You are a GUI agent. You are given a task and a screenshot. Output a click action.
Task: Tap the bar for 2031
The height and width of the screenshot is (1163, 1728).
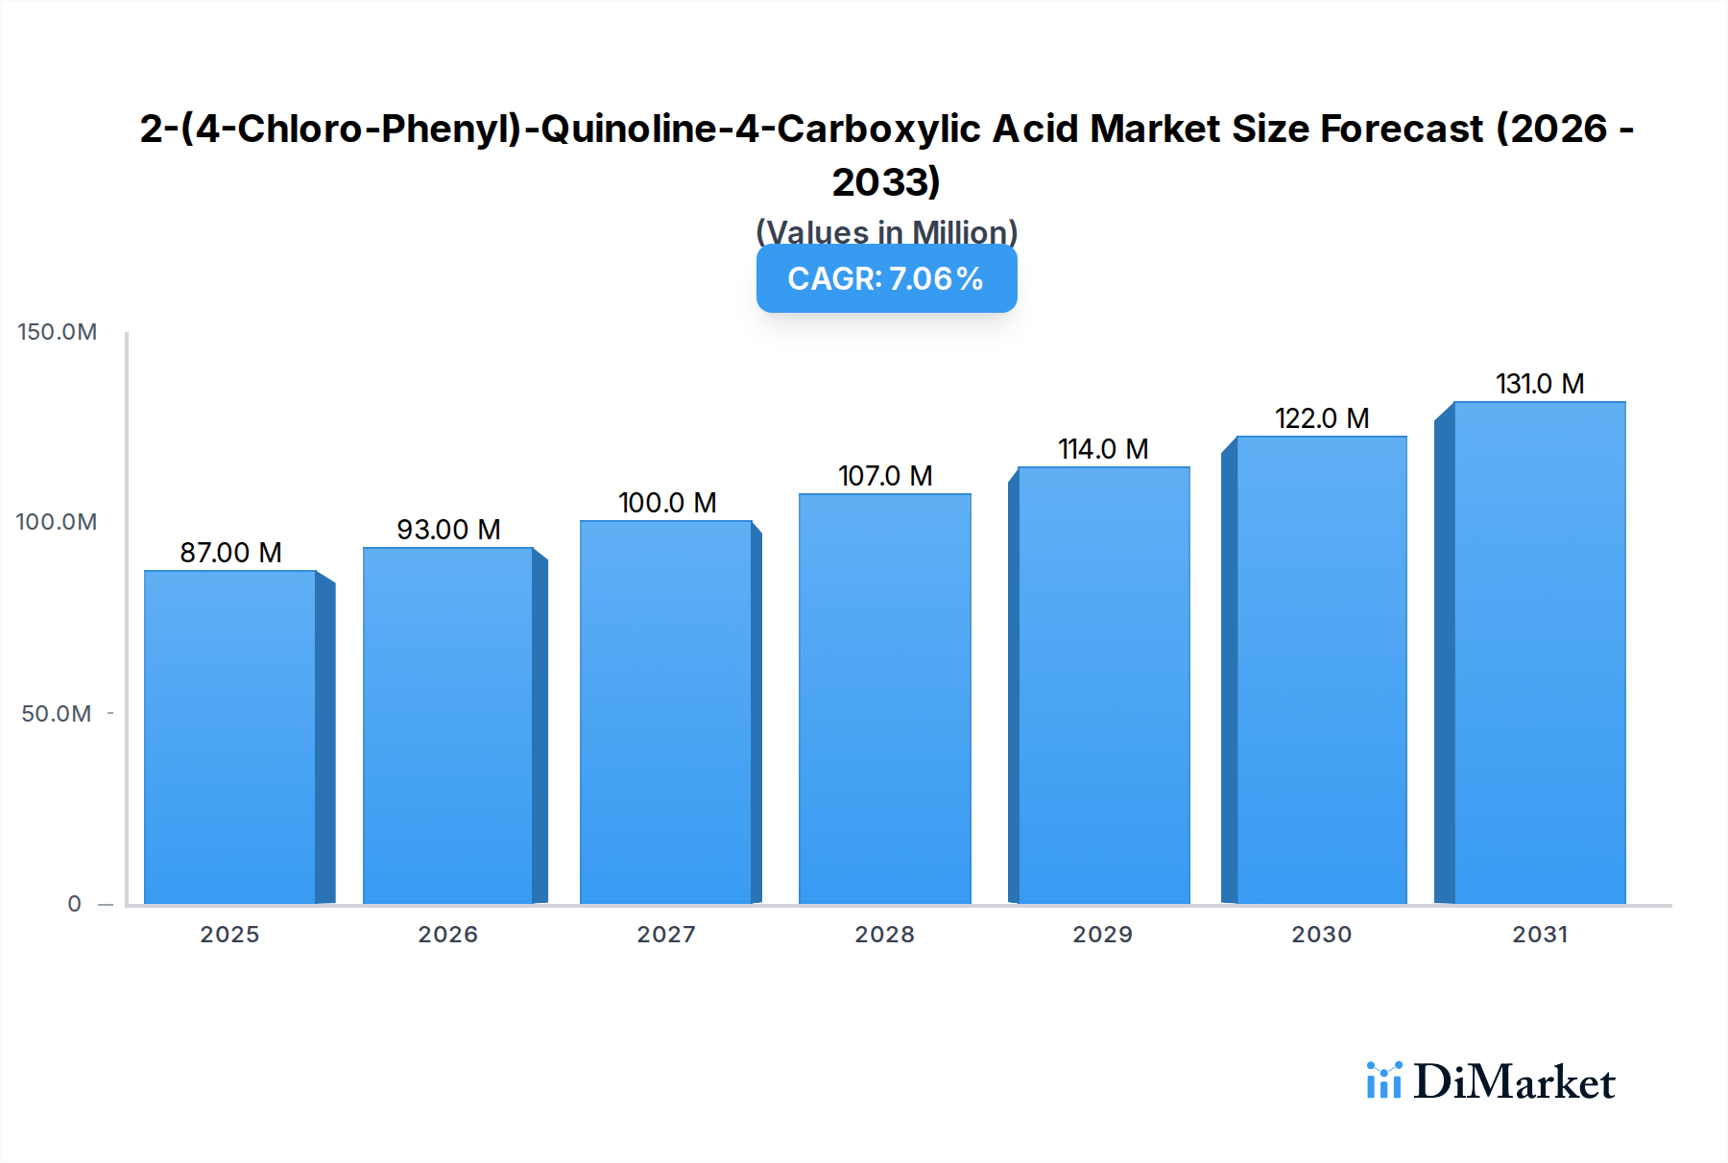tap(1539, 653)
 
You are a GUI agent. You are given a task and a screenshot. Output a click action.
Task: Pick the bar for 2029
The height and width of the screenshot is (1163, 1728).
tap(1103, 685)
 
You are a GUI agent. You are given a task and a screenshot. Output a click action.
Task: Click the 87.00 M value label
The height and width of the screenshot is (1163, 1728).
tap(230, 553)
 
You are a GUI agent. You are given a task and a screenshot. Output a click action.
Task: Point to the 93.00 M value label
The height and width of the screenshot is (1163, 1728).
tap(448, 530)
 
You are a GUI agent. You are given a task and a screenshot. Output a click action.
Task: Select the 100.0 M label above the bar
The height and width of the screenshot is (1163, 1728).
tap(667, 503)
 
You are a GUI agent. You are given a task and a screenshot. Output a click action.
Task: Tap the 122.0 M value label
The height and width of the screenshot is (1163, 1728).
tap(1321, 418)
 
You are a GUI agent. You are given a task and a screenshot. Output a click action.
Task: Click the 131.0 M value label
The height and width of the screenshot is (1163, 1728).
tap(1539, 384)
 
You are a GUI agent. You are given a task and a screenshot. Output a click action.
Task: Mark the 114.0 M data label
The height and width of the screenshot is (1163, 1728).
tap(1103, 449)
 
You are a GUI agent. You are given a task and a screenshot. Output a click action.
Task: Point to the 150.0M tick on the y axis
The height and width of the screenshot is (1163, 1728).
tap(58, 332)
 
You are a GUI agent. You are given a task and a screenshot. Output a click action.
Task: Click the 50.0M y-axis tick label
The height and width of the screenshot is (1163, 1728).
tap(57, 714)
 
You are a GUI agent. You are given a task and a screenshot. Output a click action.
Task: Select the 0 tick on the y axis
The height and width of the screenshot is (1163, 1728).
tap(74, 904)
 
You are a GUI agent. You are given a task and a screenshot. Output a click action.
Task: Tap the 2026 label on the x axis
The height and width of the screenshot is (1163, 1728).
tap(447, 935)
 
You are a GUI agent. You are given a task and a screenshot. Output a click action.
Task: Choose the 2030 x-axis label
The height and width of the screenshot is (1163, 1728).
tap(1321, 935)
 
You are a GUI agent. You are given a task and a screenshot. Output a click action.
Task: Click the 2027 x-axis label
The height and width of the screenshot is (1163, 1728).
tap(666, 935)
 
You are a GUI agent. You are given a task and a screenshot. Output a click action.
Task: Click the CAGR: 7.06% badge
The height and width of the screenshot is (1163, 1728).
tap(886, 279)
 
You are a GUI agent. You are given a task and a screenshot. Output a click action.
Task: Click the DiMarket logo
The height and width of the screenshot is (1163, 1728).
tap(1491, 1081)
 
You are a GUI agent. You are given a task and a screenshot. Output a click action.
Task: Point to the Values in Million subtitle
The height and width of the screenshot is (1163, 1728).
tap(886, 232)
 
